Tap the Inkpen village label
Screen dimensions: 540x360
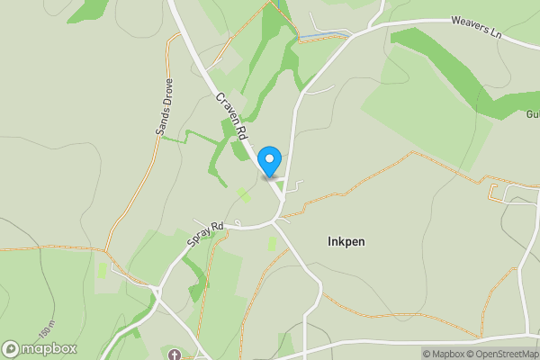tap(346, 242)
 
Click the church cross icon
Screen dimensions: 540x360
tap(174, 353)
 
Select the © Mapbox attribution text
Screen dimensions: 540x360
tap(445, 354)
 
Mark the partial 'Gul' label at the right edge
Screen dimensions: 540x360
tap(532, 115)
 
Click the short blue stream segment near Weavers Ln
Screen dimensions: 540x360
tap(324, 35)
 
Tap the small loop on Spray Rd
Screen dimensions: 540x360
tap(237, 220)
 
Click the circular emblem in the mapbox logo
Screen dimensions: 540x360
tap(11, 348)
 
